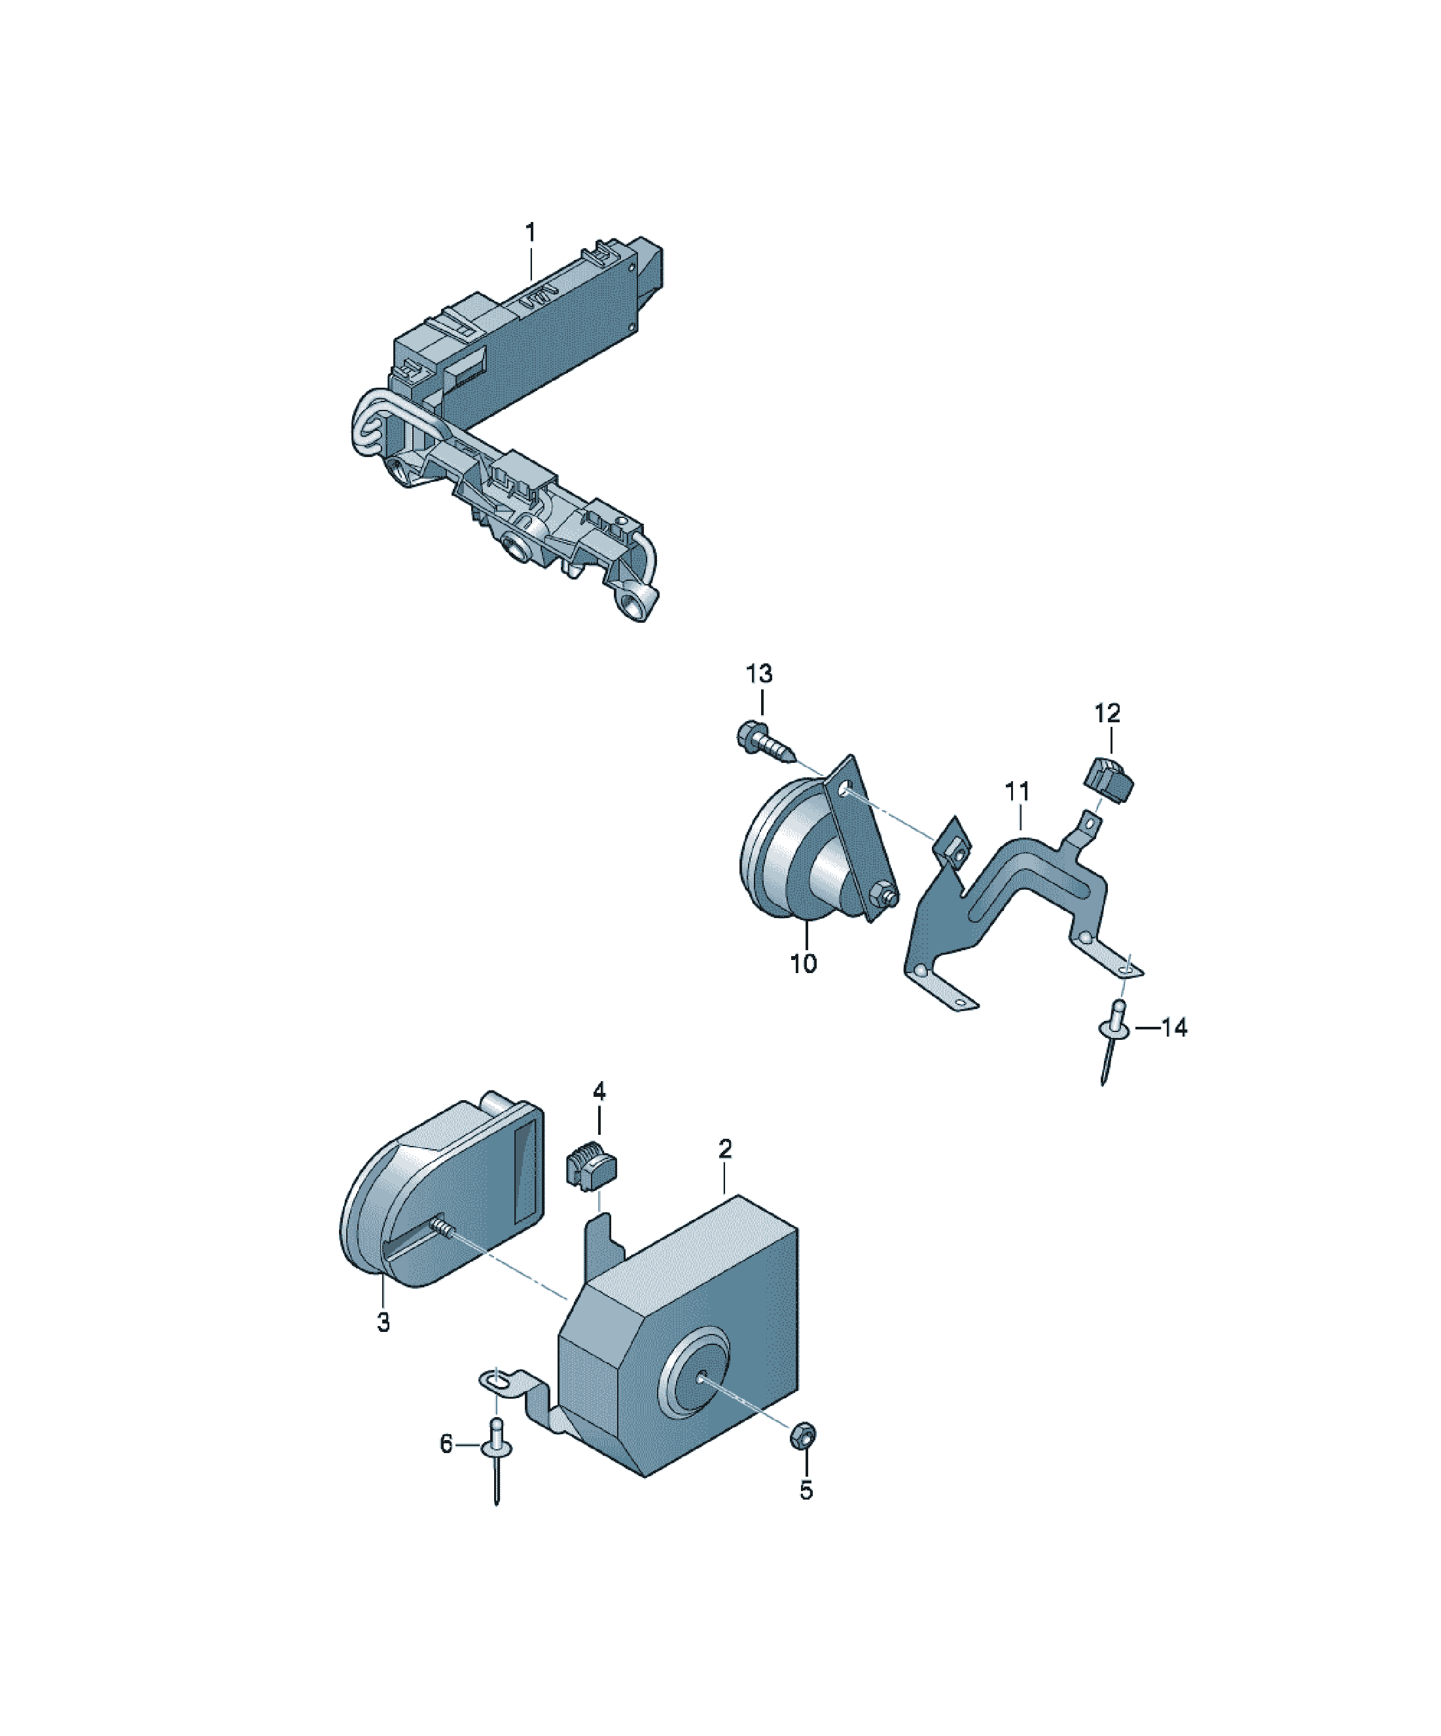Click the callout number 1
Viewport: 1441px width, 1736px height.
click(x=531, y=232)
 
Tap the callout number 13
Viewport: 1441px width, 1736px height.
click(x=759, y=674)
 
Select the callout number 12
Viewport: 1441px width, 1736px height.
click(x=1107, y=712)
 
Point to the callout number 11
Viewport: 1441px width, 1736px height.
click(x=1017, y=791)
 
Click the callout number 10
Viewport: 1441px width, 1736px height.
click(x=803, y=963)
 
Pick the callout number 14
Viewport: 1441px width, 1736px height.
click(x=1174, y=1027)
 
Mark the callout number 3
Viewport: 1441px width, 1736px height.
click(x=383, y=1323)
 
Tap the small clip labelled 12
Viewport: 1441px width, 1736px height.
click(x=1108, y=779)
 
